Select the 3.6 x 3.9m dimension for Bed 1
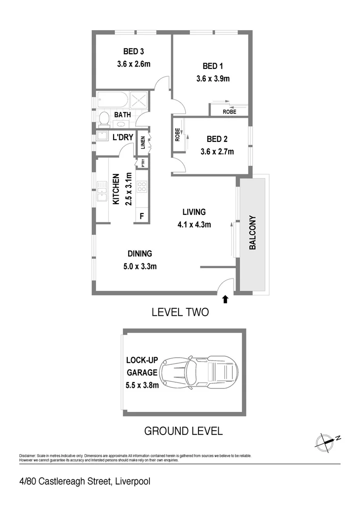(213, 79)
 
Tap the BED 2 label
(217, 139)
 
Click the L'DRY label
(123, 138)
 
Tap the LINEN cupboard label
(143, 143)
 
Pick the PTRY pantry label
(142, 163)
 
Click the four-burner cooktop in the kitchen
(142, 187)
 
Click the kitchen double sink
(102, 191)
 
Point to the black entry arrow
(225, 298)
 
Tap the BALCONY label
(253, 232)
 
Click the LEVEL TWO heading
(180, 312)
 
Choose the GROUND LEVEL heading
(183, 431)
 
